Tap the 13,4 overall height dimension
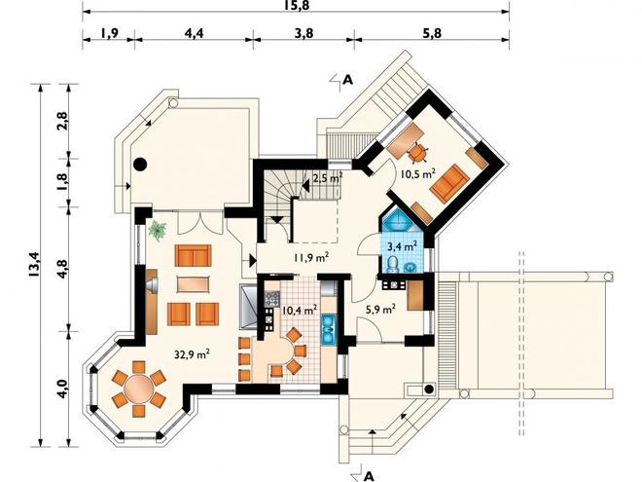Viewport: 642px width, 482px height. [34, 264]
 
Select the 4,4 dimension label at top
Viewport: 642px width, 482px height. [194, 33]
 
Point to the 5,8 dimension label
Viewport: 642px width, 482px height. [432, 33]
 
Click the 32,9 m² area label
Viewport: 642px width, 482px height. [192, 353]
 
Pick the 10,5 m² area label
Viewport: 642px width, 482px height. [417, 173]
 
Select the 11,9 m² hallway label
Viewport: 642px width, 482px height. [311, 257]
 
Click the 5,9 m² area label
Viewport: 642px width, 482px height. [380, 309]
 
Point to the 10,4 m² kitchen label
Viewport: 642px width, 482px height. [301, 310]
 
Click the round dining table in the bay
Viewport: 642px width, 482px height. [139, 389]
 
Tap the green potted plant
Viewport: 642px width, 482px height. [158, 231]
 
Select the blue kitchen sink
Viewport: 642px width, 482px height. [329, 329]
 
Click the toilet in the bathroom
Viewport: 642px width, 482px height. [392, 264]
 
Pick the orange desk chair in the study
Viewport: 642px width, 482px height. [418, 153]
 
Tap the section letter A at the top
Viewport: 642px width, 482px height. [347, 80]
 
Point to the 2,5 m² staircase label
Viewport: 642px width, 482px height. [328, 178]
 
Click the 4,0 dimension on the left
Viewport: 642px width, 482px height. [62, 389]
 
